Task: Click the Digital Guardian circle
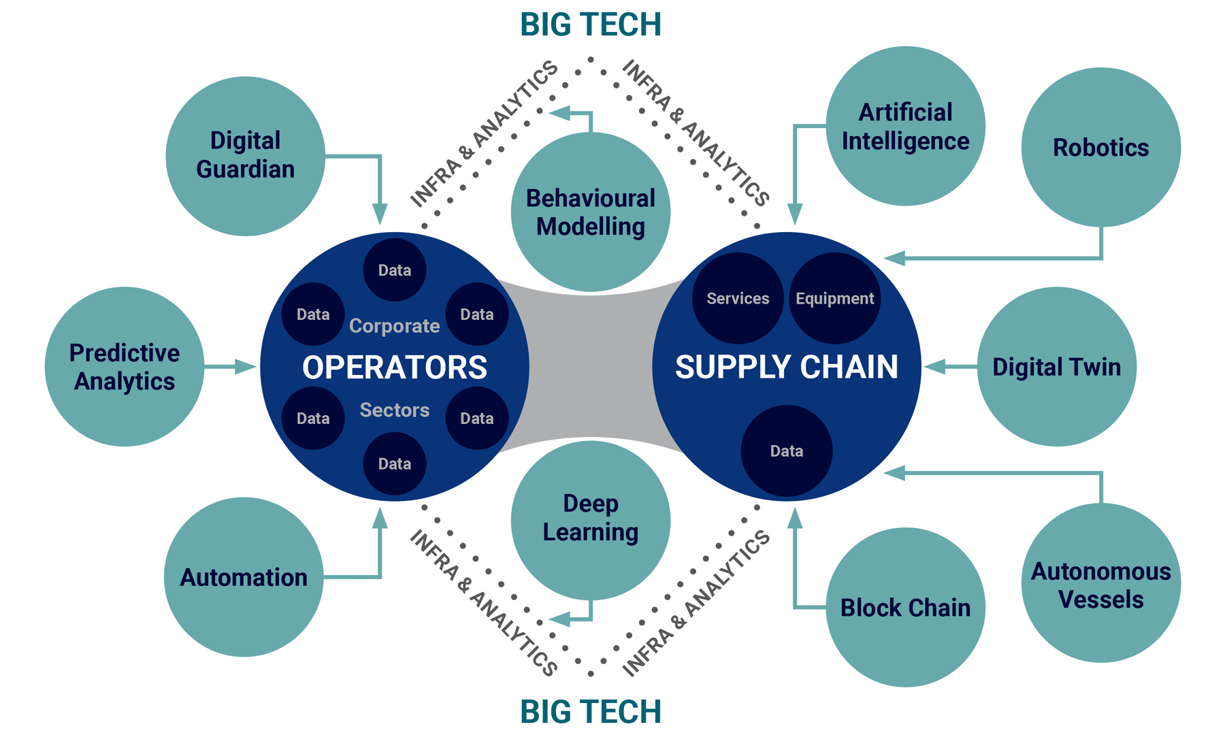click(245, 156)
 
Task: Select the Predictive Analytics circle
click(125, 367)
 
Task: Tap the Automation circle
click(244, 577)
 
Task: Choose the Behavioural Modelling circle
click(590, 212)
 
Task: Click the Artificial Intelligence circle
click(905, 126)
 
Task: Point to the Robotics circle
click(1100, 147)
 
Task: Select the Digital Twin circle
click(1056, 367)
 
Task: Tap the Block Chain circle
click(905, 607)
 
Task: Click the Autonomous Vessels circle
click(1100, 583)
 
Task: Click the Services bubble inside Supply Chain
click(738, 298)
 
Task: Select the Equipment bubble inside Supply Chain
click(834, 298)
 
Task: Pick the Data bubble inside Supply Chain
click(786, 451)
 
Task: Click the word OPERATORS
click(395, 367)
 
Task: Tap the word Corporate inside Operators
click(395, 326)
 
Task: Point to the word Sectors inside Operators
click(395, 410)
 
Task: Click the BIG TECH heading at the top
click(590, 24)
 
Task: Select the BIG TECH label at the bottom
click(590, 712)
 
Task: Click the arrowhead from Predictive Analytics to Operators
click(246, 367)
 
